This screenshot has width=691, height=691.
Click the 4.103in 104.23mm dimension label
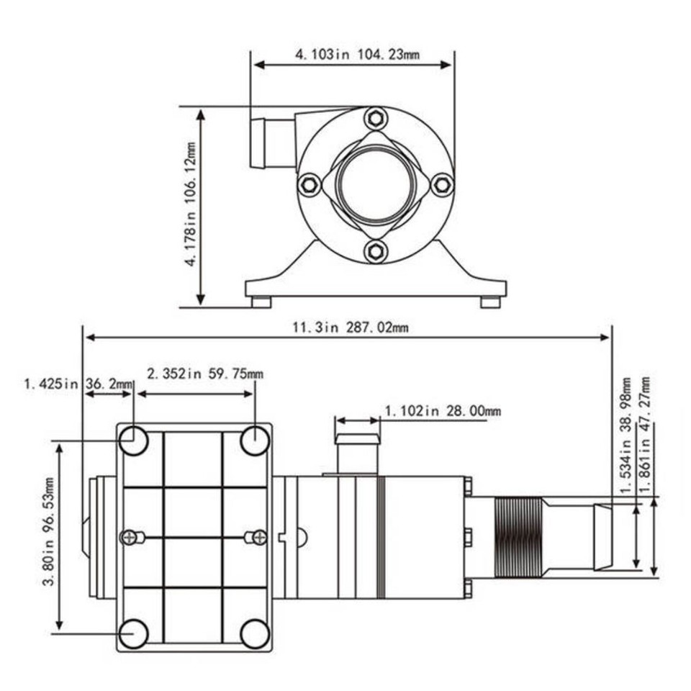coord(353,53)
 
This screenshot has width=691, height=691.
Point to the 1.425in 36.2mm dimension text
coord(78,384)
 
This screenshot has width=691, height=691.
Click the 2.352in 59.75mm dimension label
coord(204,374)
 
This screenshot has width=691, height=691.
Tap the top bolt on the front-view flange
coord(374,118)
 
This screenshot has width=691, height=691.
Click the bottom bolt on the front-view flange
coord(374,251)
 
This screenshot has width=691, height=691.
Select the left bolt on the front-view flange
coord(309,185)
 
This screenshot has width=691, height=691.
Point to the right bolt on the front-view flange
coord(441,185)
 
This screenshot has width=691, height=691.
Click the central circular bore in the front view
coord(375,184)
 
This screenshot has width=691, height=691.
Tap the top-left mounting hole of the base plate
coord(133,441)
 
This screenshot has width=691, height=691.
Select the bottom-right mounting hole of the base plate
coord(255,633)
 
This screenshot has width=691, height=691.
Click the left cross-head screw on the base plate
coord(130,537)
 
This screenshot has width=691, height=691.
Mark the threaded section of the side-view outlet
coord(517,536)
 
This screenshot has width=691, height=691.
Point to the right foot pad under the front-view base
coord(490,302)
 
